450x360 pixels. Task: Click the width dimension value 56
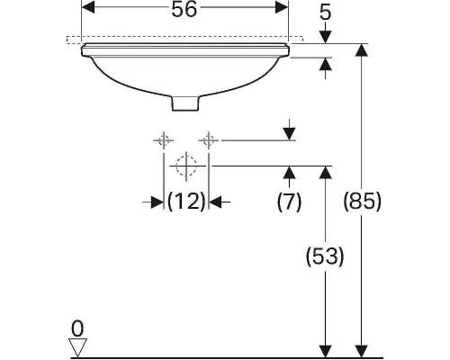coord(185,10)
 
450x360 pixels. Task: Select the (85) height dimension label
coord(362,202)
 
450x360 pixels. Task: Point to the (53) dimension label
coord(325,256)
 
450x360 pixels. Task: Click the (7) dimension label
coord(289,202)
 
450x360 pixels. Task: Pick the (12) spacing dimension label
coord(186,202)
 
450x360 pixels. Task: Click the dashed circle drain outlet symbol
coord(186,166)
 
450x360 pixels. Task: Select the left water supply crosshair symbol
coord(163,139)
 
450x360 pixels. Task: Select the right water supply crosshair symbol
coord(209,139)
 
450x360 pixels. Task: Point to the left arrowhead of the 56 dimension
coord(87,9)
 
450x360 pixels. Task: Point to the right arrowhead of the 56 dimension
coord(283,9)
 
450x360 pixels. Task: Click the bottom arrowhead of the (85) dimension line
coord(361,348)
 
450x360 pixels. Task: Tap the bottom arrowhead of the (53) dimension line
coord(324,348)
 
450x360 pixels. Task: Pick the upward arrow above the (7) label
coord(288,172)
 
